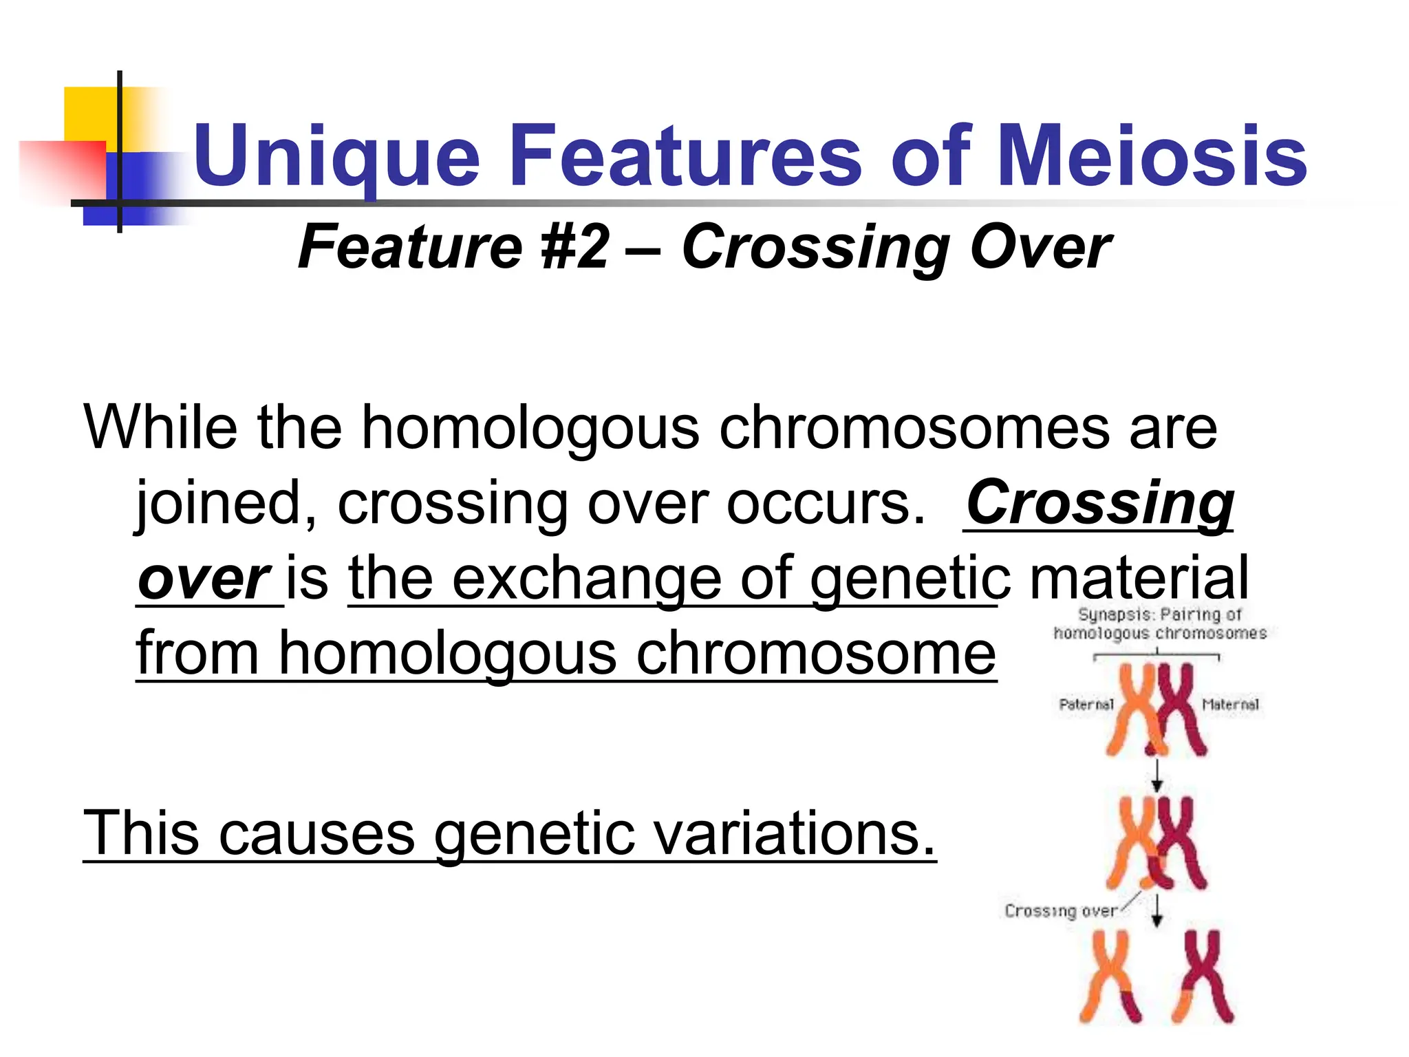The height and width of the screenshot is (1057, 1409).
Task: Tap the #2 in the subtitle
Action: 575,248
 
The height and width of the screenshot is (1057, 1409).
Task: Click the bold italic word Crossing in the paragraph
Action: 1099,504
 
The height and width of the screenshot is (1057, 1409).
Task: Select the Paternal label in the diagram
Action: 1086,705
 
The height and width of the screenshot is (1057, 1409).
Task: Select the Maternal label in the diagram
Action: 1230,705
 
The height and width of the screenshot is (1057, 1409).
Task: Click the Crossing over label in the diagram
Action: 1060,911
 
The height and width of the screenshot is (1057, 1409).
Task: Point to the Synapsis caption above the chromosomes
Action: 1160,623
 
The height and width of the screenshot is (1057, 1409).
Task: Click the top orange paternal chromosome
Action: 1133,709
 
